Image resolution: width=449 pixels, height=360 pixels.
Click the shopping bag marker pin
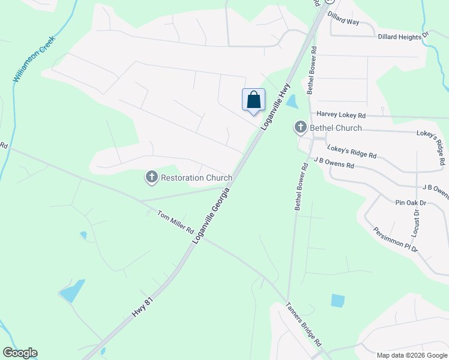[x=253, y=100]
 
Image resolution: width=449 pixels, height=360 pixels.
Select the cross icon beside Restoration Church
[x=152, y=177]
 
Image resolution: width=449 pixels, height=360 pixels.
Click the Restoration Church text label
[x=197, y=178]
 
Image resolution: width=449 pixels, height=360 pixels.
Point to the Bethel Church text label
[x=336, y=128]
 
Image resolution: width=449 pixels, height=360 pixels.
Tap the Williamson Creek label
[x=34, y=58]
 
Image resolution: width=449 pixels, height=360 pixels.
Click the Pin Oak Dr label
[x=411, y=203]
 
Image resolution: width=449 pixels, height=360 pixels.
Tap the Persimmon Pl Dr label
[x=395, y=239]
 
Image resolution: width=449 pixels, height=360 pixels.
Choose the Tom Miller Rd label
[x=175, y=221]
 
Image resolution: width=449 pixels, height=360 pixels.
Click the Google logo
[x=20, y=353]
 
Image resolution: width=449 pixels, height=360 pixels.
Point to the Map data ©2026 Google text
[x=411, y=355]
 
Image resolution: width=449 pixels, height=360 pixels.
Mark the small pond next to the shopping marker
[x=292, y=101]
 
